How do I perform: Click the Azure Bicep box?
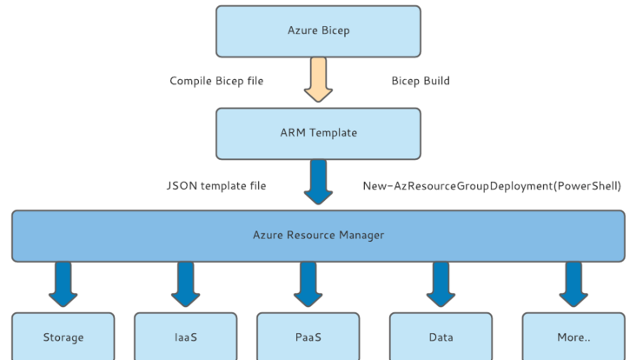(318, 31)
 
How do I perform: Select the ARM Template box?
(318, 134)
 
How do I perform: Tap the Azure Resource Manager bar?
(318, 236)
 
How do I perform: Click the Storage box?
(63, 337)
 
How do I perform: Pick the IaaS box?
(186, 337)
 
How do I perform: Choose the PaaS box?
(308, 337)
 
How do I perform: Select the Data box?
(441, 337)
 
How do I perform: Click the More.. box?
(573, 337)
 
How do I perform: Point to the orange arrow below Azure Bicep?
(318, 80)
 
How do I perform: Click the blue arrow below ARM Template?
(318, 182)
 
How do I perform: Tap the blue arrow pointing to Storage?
(63, 284)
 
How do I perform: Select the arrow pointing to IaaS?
(186, 284)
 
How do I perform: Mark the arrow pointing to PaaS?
(308, 284)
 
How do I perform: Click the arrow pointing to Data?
(441, 284)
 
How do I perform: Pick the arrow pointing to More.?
(573, 284)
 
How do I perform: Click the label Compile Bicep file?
(216, 81)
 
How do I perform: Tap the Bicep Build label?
(421, 81)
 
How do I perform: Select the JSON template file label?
(216, 185)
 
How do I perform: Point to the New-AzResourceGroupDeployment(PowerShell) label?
(492, 186)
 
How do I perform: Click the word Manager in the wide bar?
(361, 235)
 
